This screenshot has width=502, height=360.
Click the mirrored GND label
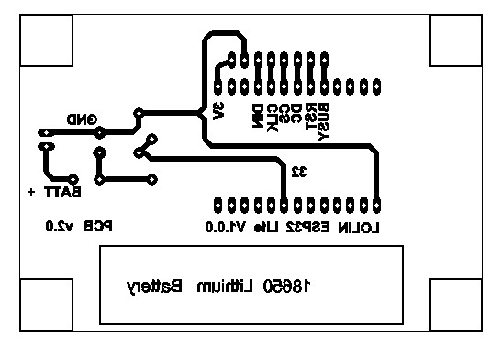(x=83, y=119)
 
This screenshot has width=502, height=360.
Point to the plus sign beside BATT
(x=33, y=193)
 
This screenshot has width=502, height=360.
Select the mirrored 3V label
(x=218, y=111)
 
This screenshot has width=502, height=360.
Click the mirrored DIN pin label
(x=257, y=115)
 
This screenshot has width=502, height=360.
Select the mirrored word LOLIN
(x=359, y=227)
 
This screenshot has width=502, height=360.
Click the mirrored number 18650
(x=284, y=287)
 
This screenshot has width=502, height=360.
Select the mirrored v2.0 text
(x=56, y=226)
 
